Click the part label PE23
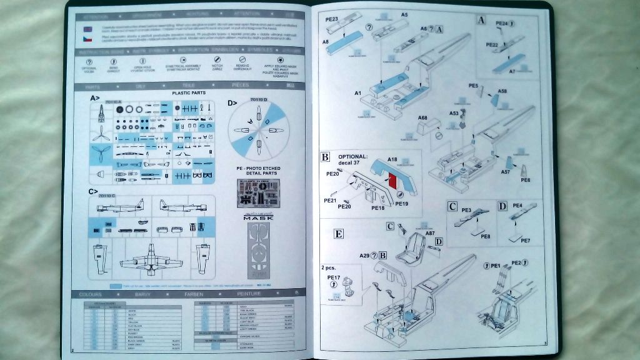point(332,19)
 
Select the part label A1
point(357,93)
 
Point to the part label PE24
point(501,23)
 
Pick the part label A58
point(502,92)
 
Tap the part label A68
point(422,117)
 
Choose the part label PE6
point(525,180)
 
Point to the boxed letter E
point(339,234)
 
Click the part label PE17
point(333,277)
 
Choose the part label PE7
point(525,240)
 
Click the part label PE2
point(516,262)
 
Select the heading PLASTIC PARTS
point(190,92)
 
